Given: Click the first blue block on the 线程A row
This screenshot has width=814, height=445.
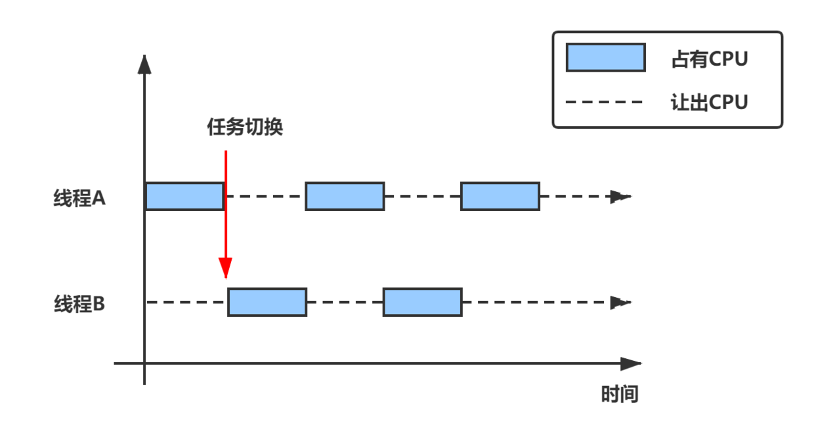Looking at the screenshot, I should click(184, 197).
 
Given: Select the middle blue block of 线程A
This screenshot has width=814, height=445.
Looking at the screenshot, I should click(345, 197).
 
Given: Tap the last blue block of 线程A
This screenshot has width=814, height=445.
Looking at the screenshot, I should click(500, 197).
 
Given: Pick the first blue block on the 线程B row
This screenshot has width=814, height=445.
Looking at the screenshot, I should click(267, 302).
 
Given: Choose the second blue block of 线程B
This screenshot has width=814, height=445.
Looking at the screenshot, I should click(423, 302).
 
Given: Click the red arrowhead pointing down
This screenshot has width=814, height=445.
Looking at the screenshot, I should click(226, 268).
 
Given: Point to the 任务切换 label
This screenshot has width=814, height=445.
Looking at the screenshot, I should click(245, 127).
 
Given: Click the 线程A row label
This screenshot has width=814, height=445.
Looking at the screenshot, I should click(79, 198).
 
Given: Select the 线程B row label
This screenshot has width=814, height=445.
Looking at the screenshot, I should click(79, 304).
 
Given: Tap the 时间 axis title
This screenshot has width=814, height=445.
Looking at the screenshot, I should click(620, 394).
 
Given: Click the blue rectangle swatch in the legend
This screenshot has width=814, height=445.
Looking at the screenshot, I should click(606, 58).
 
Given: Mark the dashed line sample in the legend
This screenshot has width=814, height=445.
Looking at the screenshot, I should click(604, 103).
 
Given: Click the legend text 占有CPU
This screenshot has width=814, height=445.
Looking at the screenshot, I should click(710, 59).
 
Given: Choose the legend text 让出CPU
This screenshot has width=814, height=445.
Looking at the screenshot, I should click(710, 103).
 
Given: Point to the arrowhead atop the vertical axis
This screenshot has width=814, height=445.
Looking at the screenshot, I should click(144, 64).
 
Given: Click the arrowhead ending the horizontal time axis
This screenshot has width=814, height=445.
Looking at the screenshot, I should click(632, 363).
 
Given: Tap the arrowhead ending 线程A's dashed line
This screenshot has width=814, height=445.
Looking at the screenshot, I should click(620, 197).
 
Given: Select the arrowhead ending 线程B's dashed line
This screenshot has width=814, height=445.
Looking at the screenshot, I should click(620, 302).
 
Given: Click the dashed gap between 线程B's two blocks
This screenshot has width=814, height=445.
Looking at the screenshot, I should click(345, 302).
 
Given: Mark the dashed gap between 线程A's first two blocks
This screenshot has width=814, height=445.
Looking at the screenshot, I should click(265, 197).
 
